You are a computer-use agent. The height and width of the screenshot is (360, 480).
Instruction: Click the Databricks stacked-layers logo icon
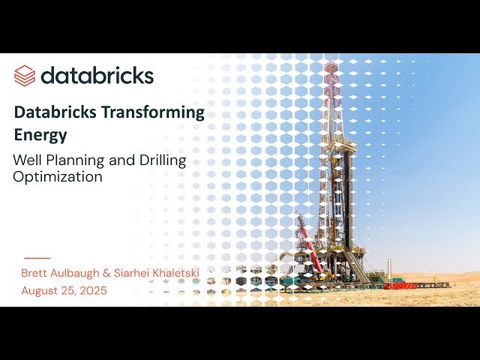tap(25, 75)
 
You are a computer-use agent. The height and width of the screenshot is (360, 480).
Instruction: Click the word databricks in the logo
tap(97, 75)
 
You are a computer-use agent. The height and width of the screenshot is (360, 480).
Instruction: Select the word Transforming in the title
tap(157, 112)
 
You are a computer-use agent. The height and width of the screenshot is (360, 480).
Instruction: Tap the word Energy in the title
tap(40, 135)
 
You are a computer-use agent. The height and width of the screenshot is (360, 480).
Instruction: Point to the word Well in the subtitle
tap(27, 160)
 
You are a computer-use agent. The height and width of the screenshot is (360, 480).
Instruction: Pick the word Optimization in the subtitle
tap(57, 177)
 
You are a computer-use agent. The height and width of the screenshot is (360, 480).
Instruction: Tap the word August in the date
tap(39, 290)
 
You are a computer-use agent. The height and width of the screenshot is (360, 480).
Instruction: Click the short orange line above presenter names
tap(37, 258)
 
